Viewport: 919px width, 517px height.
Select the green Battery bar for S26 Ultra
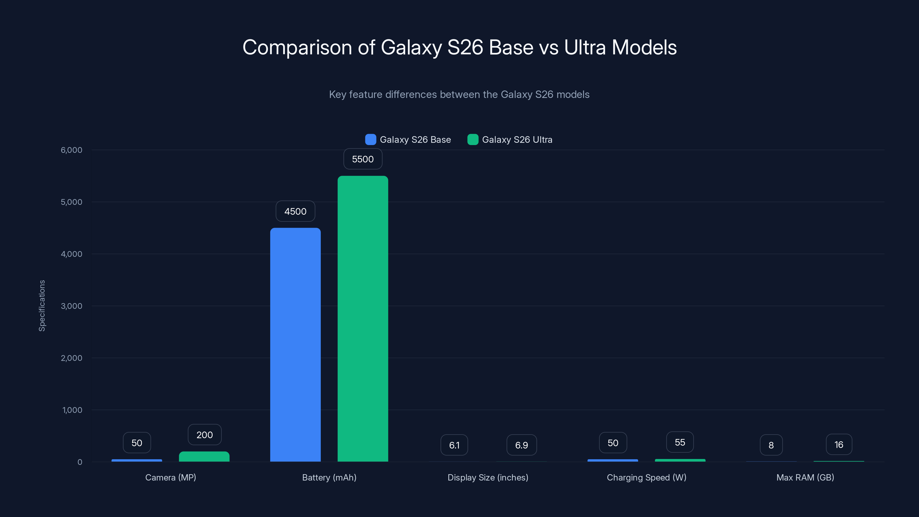[362, 318]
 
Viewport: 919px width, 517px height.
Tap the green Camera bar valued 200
[204, 456]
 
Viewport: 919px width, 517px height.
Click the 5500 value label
[362, 159]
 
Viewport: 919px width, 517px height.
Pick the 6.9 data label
[521, 445]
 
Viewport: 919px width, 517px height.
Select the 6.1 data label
[454, 445]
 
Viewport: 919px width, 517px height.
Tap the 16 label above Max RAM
[838, 445]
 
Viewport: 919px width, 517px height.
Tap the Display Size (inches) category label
[488, 477]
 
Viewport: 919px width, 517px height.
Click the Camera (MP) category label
[171, 477]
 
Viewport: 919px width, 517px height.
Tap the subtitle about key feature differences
[459, 94]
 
